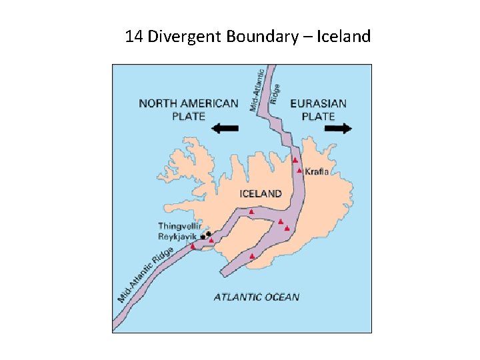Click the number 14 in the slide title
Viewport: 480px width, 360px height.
point(134,36)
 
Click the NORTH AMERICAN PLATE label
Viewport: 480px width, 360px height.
point(188,109)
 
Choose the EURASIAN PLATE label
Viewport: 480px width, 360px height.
point(319,109)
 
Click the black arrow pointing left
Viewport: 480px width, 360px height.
point(224,128)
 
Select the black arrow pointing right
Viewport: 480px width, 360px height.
point(338,129)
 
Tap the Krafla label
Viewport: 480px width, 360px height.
point(317,171)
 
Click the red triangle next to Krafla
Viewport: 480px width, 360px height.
point(300,171)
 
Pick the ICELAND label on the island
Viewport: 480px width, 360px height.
point(260,194)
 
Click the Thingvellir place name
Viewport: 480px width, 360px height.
point(179,226)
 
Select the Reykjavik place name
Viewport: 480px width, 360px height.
point(178,237)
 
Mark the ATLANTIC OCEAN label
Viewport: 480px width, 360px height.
point(257,297)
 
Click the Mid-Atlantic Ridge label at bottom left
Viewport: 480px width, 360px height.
point(145,274)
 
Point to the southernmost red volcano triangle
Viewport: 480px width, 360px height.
point(251,255)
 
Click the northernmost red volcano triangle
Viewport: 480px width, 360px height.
point(294,160)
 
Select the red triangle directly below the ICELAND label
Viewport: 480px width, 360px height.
point(251,211)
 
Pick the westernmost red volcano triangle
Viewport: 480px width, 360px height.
point(193,246)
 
